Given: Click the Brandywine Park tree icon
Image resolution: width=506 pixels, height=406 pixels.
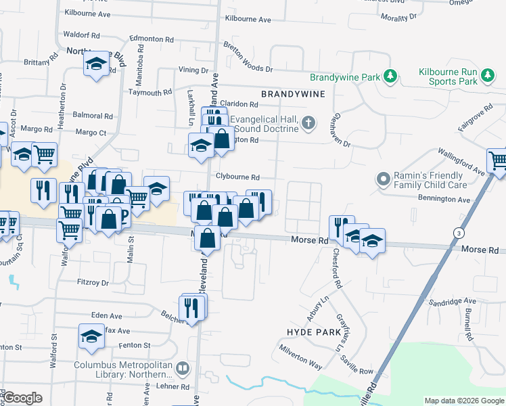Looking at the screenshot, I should click(390, 77).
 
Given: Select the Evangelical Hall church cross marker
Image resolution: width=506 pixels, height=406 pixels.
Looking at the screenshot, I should click(308, 123).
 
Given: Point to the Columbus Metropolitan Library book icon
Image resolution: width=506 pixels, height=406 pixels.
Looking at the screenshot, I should click(181, 369).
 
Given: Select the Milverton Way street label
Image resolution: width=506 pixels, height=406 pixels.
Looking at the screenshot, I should click(301, 355).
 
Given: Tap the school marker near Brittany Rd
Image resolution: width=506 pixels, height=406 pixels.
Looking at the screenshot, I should click(96, 64).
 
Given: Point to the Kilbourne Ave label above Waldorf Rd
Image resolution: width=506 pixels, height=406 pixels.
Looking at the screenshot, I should click(85, 14).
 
